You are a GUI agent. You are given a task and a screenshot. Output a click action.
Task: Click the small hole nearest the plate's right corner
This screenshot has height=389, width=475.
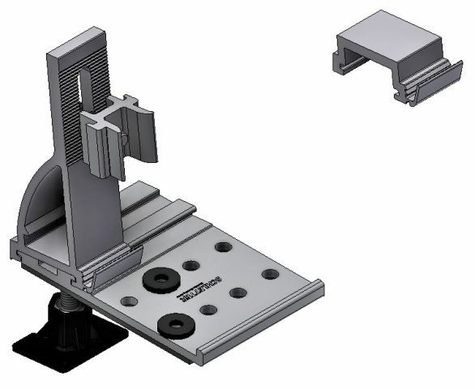(x=271, y=274)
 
